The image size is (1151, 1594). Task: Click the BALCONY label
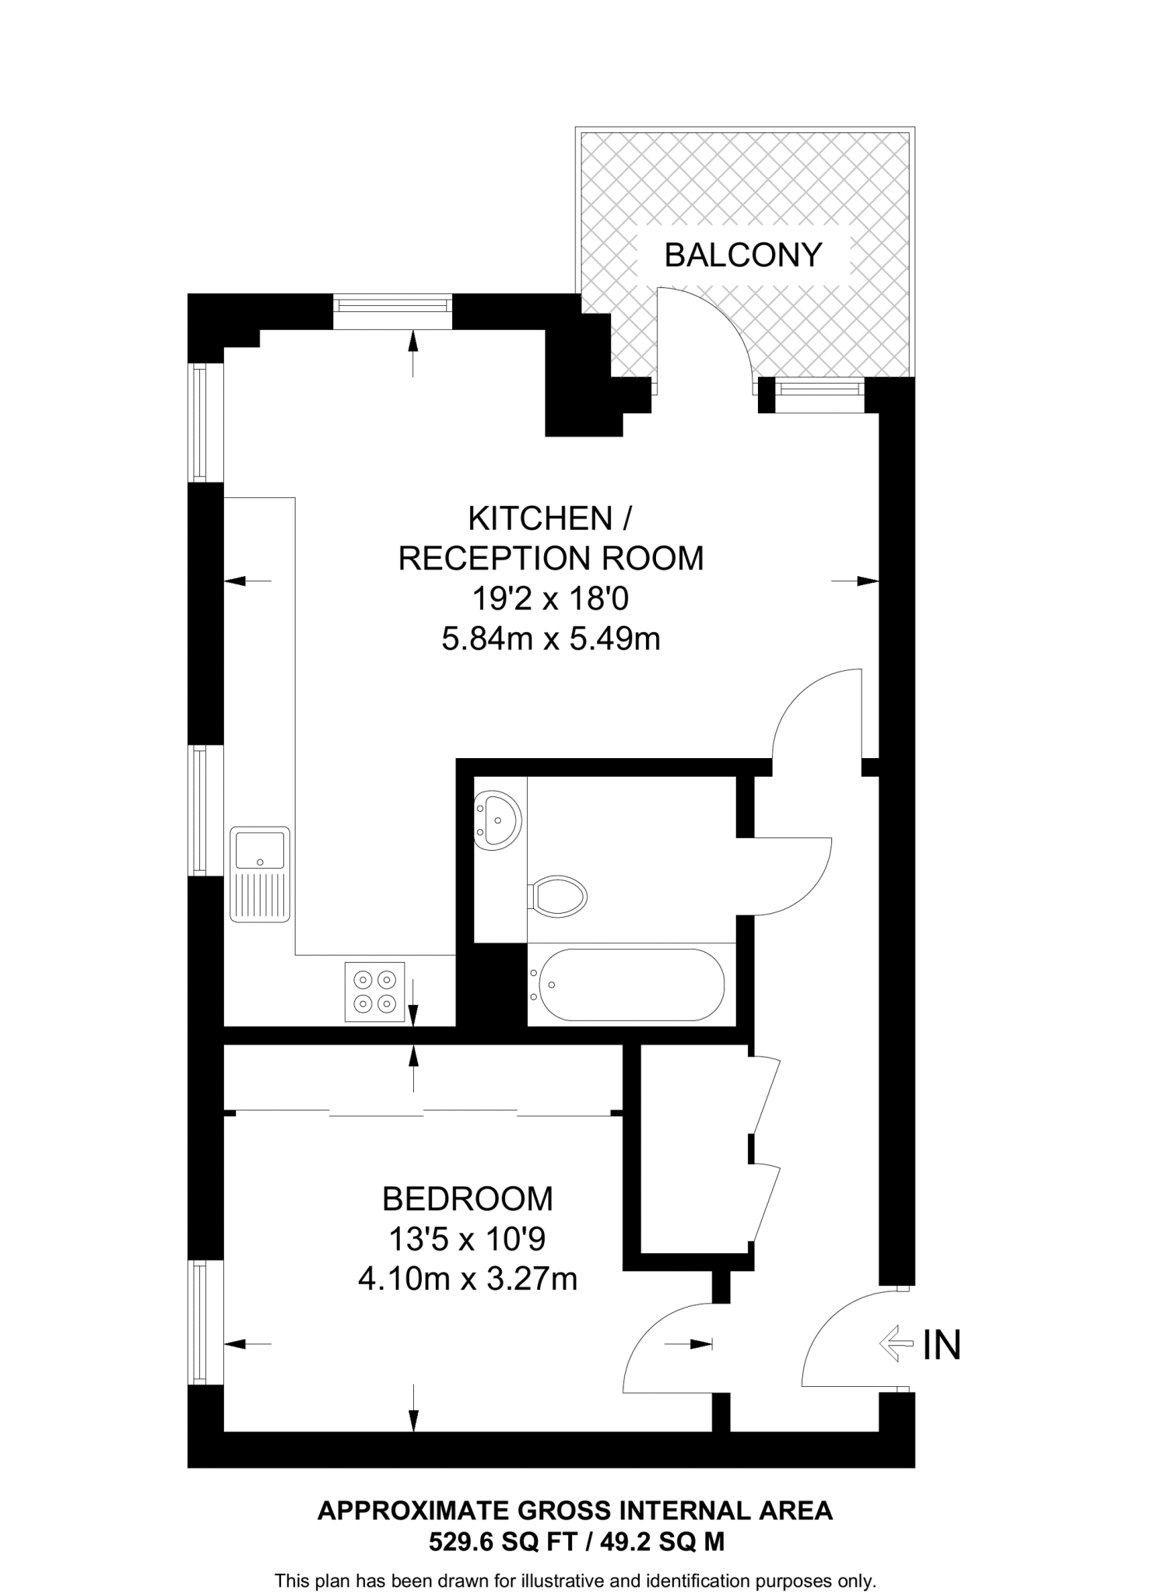click(x=742, y=255)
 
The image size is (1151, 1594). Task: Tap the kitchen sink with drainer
click(x=260, y=874)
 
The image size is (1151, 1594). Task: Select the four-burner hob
click(x=374, y=992)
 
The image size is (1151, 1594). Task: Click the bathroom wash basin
click(x=497, y=820)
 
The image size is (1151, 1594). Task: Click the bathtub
click(x=630, y=985)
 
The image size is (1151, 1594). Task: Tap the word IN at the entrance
click(x=942, y=1345)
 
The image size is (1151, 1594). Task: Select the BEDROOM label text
click(x=467, y=1199)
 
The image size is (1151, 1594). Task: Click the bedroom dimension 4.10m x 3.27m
click(x=467, y=1279)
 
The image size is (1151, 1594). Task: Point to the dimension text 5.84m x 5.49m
click(x=550, y=639)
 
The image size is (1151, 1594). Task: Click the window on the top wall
click(x=393, y=311)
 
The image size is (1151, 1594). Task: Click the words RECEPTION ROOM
click(x=550, y=558)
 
